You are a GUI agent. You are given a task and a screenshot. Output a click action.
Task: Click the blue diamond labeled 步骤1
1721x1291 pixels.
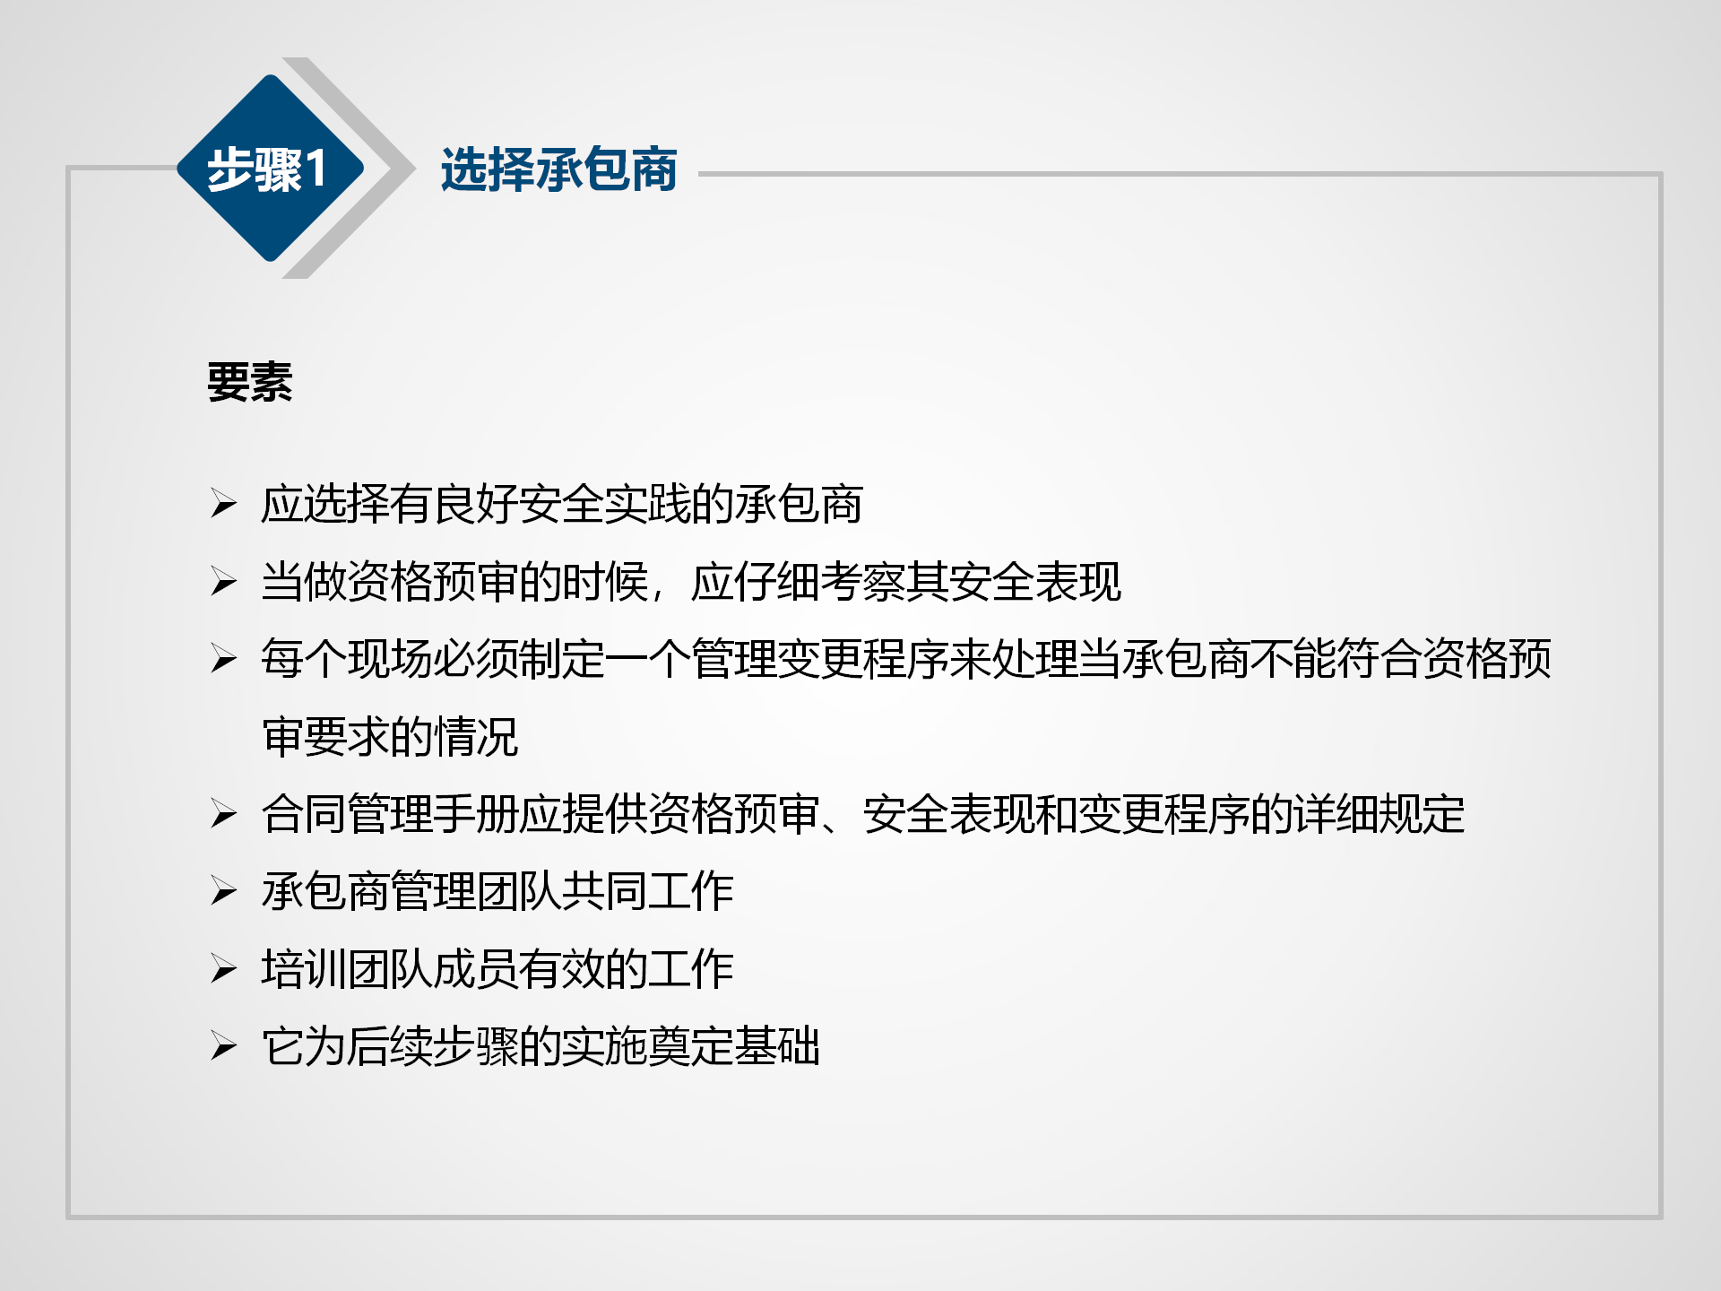pyautogui.click(x=270, y=168)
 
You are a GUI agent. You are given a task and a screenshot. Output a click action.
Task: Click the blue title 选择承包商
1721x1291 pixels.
pyautogui.click(x=558, y=169)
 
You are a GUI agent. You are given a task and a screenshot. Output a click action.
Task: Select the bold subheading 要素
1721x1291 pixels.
pyautogui.click(x=250, y=382)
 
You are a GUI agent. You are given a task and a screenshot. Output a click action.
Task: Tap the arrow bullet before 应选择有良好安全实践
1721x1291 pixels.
pyautogui.click(x=224, y=504)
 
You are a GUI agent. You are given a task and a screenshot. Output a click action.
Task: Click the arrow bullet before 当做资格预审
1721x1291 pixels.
pyautogui.click(x=224, y=582)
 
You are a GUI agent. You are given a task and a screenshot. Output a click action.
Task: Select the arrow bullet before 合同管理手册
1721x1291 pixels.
pyautogui.click(x=224, y=814)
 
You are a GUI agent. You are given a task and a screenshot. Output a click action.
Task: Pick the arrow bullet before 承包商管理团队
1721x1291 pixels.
pyautogui.click(x=224, y=891)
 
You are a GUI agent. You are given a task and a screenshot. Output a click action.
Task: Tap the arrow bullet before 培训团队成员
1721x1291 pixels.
pyautogui.click(x=224, y=969)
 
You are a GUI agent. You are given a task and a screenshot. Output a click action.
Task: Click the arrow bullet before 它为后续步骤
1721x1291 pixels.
pyautogui.click(x=224, y=1046)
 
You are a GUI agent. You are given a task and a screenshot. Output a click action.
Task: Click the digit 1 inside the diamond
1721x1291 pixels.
pyautogui.click(x=316, y=169)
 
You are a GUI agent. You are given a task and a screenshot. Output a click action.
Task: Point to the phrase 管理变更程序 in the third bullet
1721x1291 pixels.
pyautogui.click(x=819, y=659)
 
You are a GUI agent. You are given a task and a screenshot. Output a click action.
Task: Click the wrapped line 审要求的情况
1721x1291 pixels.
pyautogui.click(x=390, y=737)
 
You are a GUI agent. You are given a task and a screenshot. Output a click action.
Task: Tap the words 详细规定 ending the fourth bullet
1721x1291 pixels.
pyautogui.click(x=1379, y=814)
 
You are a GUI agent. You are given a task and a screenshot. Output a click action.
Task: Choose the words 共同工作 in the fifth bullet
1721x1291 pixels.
pyautogui.click(x=648, y=891)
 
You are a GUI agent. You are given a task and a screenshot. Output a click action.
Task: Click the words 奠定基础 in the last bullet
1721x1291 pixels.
pyautogui.click(x=734, y=1046)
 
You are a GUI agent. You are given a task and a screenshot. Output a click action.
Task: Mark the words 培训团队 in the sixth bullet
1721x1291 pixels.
pyautogui.click(x=347, y=969)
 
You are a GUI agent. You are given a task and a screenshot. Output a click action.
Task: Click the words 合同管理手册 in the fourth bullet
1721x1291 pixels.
pyautogui.click(x=390, y=814)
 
